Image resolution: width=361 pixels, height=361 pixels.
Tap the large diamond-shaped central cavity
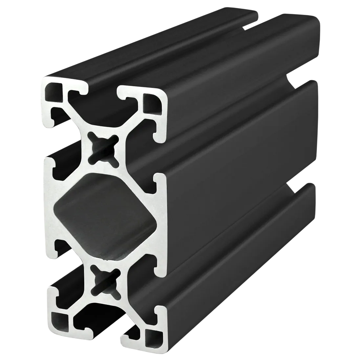click(105, 213)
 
